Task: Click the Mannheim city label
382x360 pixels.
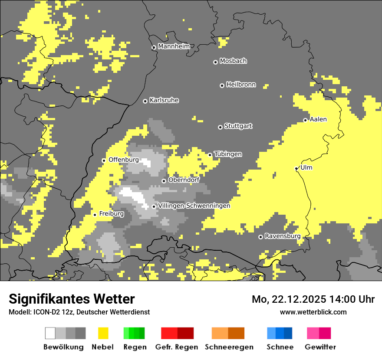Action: (x=174, y=46)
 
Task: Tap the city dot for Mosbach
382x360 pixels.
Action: (x=215, y=62)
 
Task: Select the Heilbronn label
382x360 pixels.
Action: (x=241, y=85)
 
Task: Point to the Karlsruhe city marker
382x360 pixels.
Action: (x=145, y=101)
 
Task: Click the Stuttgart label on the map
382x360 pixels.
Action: (x=238, y=126)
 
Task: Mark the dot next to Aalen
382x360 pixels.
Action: (x=305, y=120)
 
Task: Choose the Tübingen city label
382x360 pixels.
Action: (x=228, y=154)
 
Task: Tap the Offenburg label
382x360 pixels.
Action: (x=124, y=160)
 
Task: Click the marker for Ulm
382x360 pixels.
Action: (x=296, y=168)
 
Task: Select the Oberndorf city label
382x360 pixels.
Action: (x=184, y=180)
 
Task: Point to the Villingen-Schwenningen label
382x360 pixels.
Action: (x=194, y=206)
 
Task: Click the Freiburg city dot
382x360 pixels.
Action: (x=95, y=215)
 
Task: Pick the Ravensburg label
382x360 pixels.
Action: (x=283, y=236)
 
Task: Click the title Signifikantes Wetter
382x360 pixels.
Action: (x=72, y=299)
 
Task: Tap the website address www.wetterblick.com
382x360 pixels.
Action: (x=313, y=312)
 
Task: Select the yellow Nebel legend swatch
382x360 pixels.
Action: (x=103, y=333)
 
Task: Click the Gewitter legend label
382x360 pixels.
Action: (x=320, y=347)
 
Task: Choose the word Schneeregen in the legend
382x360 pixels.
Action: (x=229, y=347)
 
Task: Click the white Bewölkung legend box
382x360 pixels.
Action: (x=50, y=333)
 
